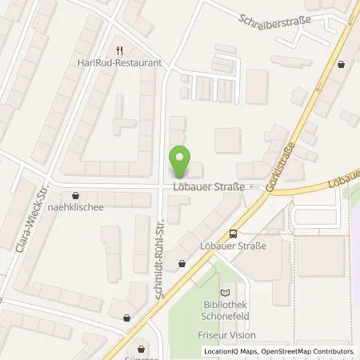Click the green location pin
click(x=182, y=162)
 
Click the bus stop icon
click(x=233, y=234)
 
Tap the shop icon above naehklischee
click(x=75, y=194)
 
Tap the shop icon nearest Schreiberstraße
click(x=342, y=64)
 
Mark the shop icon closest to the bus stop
click(x=182, y=262)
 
